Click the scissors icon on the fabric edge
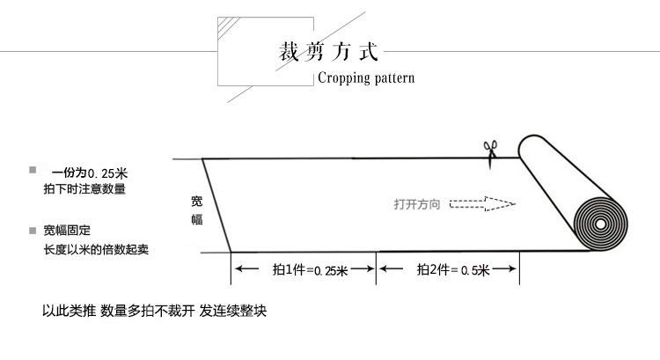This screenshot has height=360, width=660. click(488, 151)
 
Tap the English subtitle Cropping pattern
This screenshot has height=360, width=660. click(365, 77)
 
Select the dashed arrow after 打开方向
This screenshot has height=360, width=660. click(482, 204)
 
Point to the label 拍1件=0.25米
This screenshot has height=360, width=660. click(310, 270)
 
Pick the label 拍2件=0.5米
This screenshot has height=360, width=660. click(452, 270)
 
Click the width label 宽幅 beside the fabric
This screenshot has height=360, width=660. click(197, 210)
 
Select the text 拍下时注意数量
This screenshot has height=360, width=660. click(84, 189)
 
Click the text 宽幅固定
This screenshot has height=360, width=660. click(67, 231)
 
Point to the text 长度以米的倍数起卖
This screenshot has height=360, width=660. click(96, 249)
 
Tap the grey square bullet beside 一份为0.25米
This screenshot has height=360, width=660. click(33, 169)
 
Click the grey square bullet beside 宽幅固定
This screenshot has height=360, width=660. click(33, 231)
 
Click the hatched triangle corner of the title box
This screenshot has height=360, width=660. click(226, 26)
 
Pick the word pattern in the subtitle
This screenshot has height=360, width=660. click(392, 77)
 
